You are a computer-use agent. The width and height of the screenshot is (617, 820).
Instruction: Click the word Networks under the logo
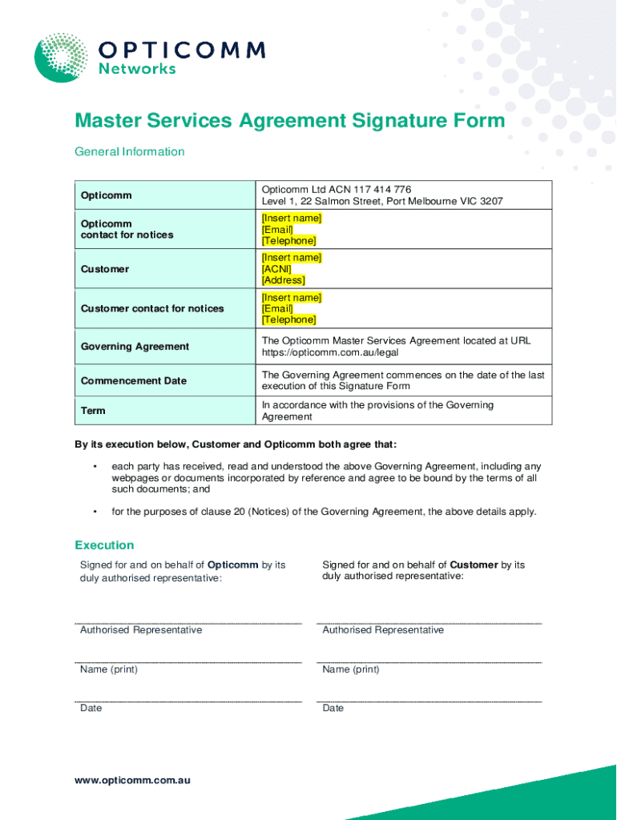[x=137, y=69]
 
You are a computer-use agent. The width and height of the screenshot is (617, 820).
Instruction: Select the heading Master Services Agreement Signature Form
[x=290, y=121]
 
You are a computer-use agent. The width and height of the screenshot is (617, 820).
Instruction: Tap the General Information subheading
[x=130, y=151]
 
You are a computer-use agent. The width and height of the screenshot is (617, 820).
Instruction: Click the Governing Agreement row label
[x=135, y=347]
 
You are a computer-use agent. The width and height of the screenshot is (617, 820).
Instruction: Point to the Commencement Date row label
[x=133, y=381]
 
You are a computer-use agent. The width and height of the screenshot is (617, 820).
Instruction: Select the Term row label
[x=93, y=411]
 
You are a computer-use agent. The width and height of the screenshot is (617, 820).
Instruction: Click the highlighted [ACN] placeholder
[x=276, y=269]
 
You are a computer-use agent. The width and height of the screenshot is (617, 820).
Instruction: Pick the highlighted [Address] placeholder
[x=283, y=280]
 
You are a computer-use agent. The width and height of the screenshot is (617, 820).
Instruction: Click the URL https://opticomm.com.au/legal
[x=329, y=352]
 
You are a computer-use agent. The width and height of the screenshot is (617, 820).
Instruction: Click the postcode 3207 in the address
[x=490, y=201]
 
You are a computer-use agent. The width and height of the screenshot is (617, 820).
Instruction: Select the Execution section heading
[x=104, y=545]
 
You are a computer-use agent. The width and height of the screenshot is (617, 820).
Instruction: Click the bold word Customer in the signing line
[x=474, y=565]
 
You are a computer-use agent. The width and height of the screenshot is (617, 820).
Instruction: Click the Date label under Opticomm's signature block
[x=91, y=709]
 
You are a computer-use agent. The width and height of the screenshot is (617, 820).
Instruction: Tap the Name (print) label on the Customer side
[x=351, y=669]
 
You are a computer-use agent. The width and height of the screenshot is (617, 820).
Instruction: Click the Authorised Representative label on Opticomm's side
[x=141, y=630]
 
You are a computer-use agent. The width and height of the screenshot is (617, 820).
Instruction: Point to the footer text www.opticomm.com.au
[x=133, y=780]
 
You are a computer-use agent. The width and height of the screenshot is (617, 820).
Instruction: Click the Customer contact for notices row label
[x=152, y=309]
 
